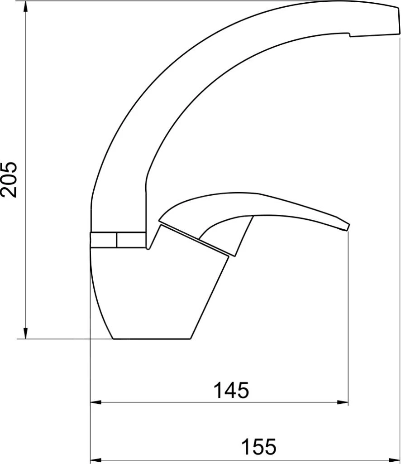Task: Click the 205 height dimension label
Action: click(9, 179)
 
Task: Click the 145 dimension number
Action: click(231, 390)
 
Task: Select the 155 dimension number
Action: click(259, 446)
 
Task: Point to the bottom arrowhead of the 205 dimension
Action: click(26, 333)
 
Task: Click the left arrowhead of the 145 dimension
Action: click(95, 402)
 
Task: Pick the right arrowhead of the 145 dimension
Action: click(343, 402)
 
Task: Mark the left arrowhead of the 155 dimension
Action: click(95, 460)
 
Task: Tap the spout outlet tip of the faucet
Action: click(397, 21)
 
